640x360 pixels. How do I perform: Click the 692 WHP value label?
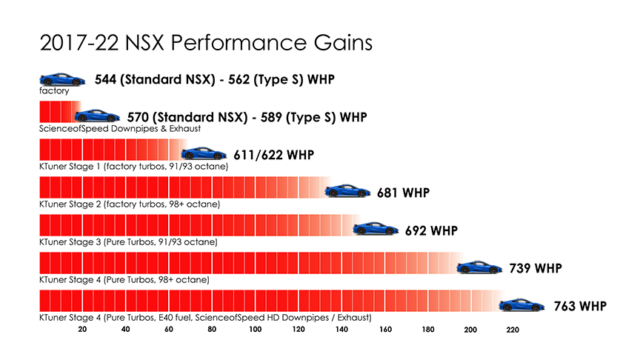point(431,230)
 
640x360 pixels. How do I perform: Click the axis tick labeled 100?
point(255,330)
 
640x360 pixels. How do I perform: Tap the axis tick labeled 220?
point(513,330)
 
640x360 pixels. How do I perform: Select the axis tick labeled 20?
point(82,330)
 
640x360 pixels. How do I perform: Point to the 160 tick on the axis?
point(385,330)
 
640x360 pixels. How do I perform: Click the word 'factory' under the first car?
point(54,91)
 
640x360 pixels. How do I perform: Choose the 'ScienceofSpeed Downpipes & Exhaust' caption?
point(120,129)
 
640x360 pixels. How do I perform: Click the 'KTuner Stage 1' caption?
point(133,167)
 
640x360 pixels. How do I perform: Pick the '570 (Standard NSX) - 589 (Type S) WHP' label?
point(247,117)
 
